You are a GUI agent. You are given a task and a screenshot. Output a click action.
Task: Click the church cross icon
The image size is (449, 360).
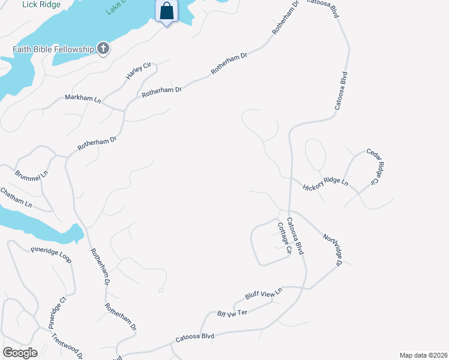(x=103, y=49)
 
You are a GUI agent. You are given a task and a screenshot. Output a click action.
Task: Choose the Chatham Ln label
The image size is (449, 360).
(x=16, y=197)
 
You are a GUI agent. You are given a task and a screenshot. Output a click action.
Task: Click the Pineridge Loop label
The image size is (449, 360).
(x=51, y=254)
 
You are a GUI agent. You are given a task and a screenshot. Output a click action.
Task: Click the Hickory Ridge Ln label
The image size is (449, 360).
(x=325, y=183)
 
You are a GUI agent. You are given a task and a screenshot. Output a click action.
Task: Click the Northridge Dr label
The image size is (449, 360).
(x=332, y=250)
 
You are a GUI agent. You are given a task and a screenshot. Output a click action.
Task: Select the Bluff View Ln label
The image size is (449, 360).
(x=264, y=293)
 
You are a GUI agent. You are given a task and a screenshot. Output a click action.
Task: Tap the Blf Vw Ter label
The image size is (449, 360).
(x=232, y=313)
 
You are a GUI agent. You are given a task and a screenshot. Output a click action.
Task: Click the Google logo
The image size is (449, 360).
(x=20, y=353)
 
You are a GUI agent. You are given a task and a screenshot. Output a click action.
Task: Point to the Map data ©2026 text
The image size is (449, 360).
(x=423, y=355)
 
